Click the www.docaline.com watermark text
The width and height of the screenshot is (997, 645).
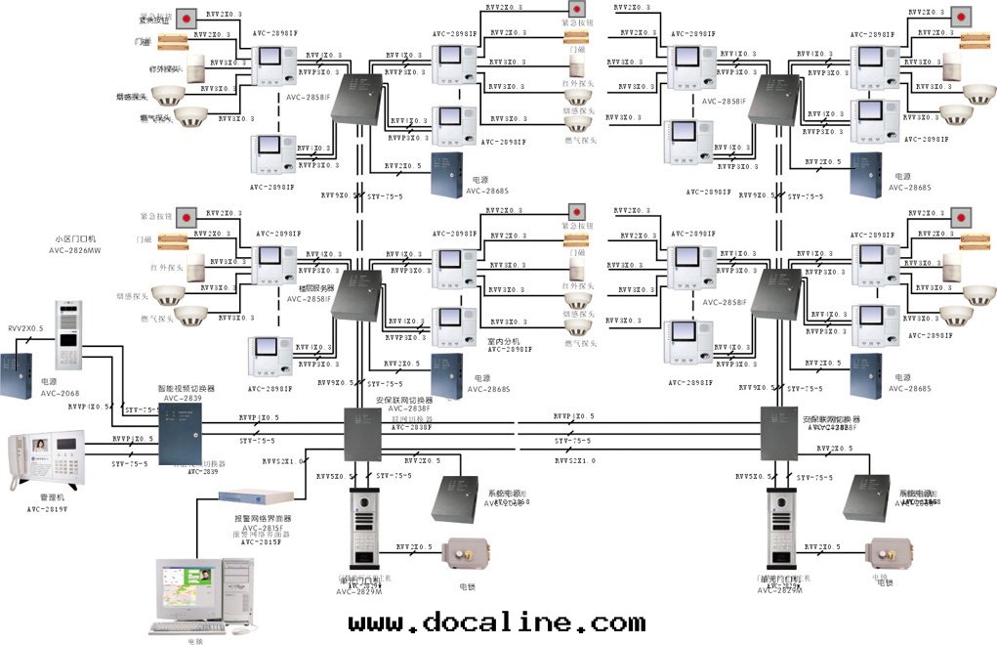(x=496, y=623)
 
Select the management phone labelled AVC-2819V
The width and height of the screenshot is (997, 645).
(x=45, y=463)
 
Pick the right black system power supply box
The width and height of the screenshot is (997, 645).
(x=870, y=495)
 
